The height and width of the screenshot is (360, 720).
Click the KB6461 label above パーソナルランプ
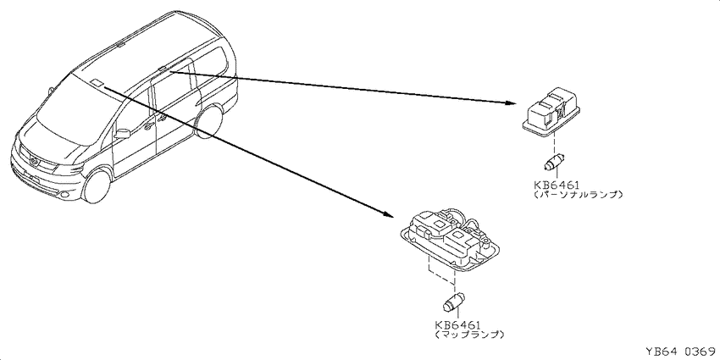(x=556, y=185)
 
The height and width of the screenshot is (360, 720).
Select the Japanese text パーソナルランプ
(x=579, y=194)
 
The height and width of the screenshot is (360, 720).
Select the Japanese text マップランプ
(x=468, y=335)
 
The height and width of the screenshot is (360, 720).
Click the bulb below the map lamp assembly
(x=454, y=302)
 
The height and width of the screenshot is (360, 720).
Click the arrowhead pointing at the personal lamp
(x=511, y=102)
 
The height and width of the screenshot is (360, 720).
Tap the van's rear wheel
(x=209, y=121)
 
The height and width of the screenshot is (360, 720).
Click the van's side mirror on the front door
(x=121, y=133)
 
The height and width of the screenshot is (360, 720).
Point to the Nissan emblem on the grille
(x=35, y=161)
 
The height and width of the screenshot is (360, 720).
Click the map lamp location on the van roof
(x=97, y=83)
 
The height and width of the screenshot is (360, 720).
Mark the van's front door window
(x=134, y=115)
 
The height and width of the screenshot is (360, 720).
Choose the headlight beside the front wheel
(x=69, y=169)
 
